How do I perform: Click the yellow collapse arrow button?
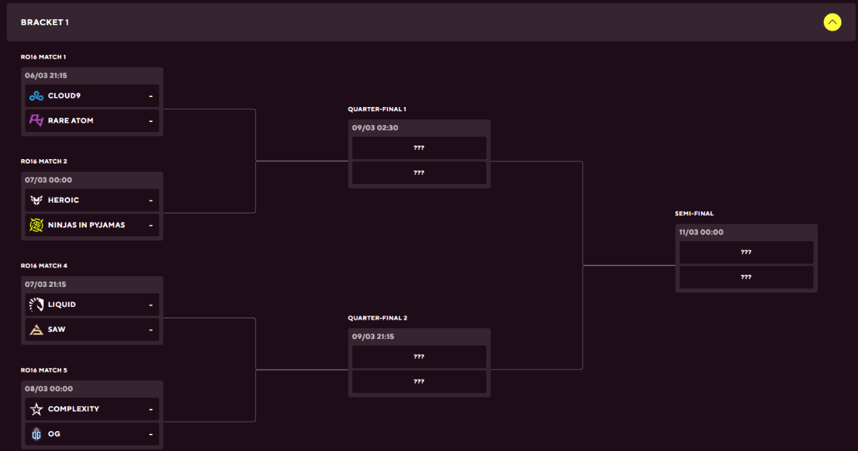point(832,22)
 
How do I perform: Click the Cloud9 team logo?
point(36,96)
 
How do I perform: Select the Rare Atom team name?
point(71,121)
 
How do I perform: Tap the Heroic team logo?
point(36,200)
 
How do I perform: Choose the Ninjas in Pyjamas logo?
point(36,225)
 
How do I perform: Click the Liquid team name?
point(61,305)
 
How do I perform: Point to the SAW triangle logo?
point(36,330)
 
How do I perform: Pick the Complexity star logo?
point(36,409)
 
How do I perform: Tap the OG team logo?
point(36,434)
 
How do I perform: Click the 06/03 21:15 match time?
point(46,76)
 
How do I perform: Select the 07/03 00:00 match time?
point(48,180)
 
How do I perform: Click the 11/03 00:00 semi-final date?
point(701,232)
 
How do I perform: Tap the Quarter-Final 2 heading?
point(377,318)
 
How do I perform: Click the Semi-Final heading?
point(694,213)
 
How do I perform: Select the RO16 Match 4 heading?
point(44,265)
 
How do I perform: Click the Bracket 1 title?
point(45,22)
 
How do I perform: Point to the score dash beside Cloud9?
point(151,96)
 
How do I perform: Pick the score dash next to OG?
point(151,434)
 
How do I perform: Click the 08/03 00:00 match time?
point(48,388)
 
